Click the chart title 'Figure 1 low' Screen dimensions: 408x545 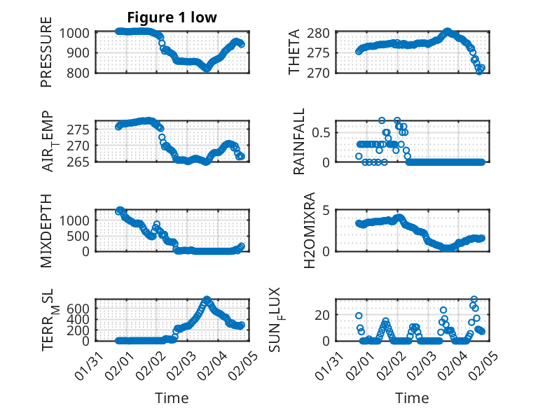172,17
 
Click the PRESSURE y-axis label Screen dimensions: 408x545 46,57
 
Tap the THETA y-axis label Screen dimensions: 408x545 294,52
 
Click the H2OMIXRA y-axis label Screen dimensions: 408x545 294,231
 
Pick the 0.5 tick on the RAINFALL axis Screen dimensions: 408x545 319,132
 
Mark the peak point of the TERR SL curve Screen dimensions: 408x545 207,300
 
